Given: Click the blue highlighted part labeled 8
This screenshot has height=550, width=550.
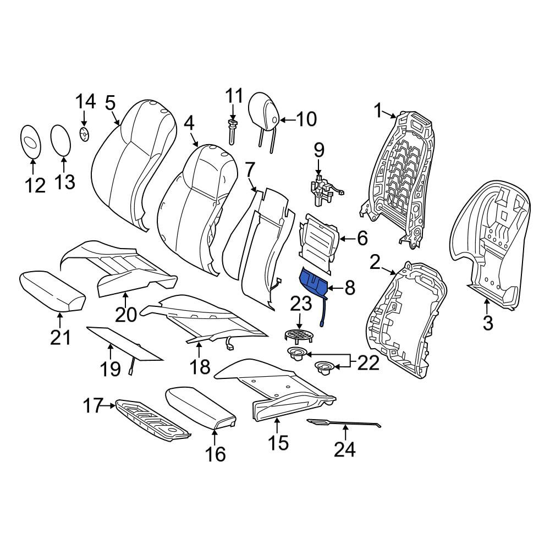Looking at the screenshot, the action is (x=314, y=282).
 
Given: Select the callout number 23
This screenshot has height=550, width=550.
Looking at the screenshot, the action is (x=301, y=304).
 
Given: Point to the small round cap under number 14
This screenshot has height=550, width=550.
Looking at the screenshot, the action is (x=84, y=134).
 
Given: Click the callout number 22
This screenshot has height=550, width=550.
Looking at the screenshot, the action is (x=369, y=364).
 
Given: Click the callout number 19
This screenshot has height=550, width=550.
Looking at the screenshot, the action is (x=111, y=369).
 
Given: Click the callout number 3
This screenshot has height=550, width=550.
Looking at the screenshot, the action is (x=487, y=323).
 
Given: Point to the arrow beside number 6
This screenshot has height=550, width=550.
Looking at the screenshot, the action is (x=347, y=239).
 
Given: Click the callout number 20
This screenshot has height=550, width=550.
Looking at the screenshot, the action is (x=126, y=314).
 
